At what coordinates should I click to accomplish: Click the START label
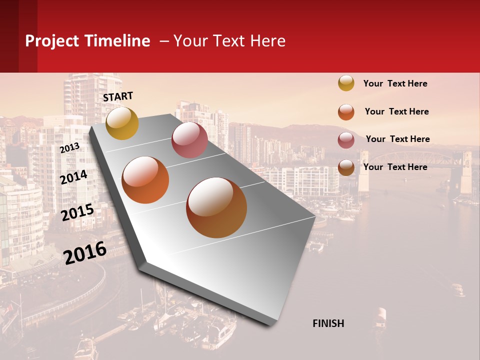point(118,96)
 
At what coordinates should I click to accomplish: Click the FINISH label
point(328,323)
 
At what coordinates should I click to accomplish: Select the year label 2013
point(69,147)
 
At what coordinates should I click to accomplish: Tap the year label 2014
point(73,177)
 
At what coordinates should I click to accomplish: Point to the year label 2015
point(77,212)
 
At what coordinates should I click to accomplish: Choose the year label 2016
point(85,252)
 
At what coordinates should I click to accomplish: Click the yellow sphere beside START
point(122,123)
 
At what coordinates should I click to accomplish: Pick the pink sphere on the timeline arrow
point(189,140)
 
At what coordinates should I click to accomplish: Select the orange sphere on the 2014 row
point(145,180)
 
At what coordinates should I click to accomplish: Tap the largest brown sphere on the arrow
point(216,207)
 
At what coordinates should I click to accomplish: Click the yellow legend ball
point(346,83)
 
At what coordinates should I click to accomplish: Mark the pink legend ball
point(346,140)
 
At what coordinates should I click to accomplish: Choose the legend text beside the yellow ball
point(395,83)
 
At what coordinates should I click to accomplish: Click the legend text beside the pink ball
point(397,139)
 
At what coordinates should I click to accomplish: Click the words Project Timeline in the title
point(87,41)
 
